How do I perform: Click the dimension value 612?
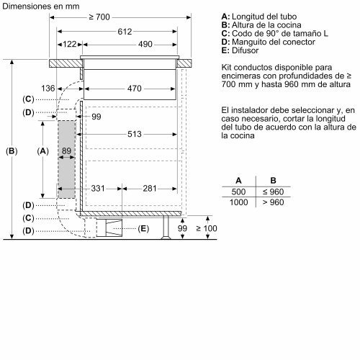pos(127,32)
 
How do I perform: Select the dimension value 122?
pos(69,45)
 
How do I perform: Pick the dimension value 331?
pos(99,189)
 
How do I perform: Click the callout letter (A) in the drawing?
pos(42,151)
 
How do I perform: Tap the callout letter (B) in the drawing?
pos(10,151)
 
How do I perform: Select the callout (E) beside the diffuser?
pos(143,229)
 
